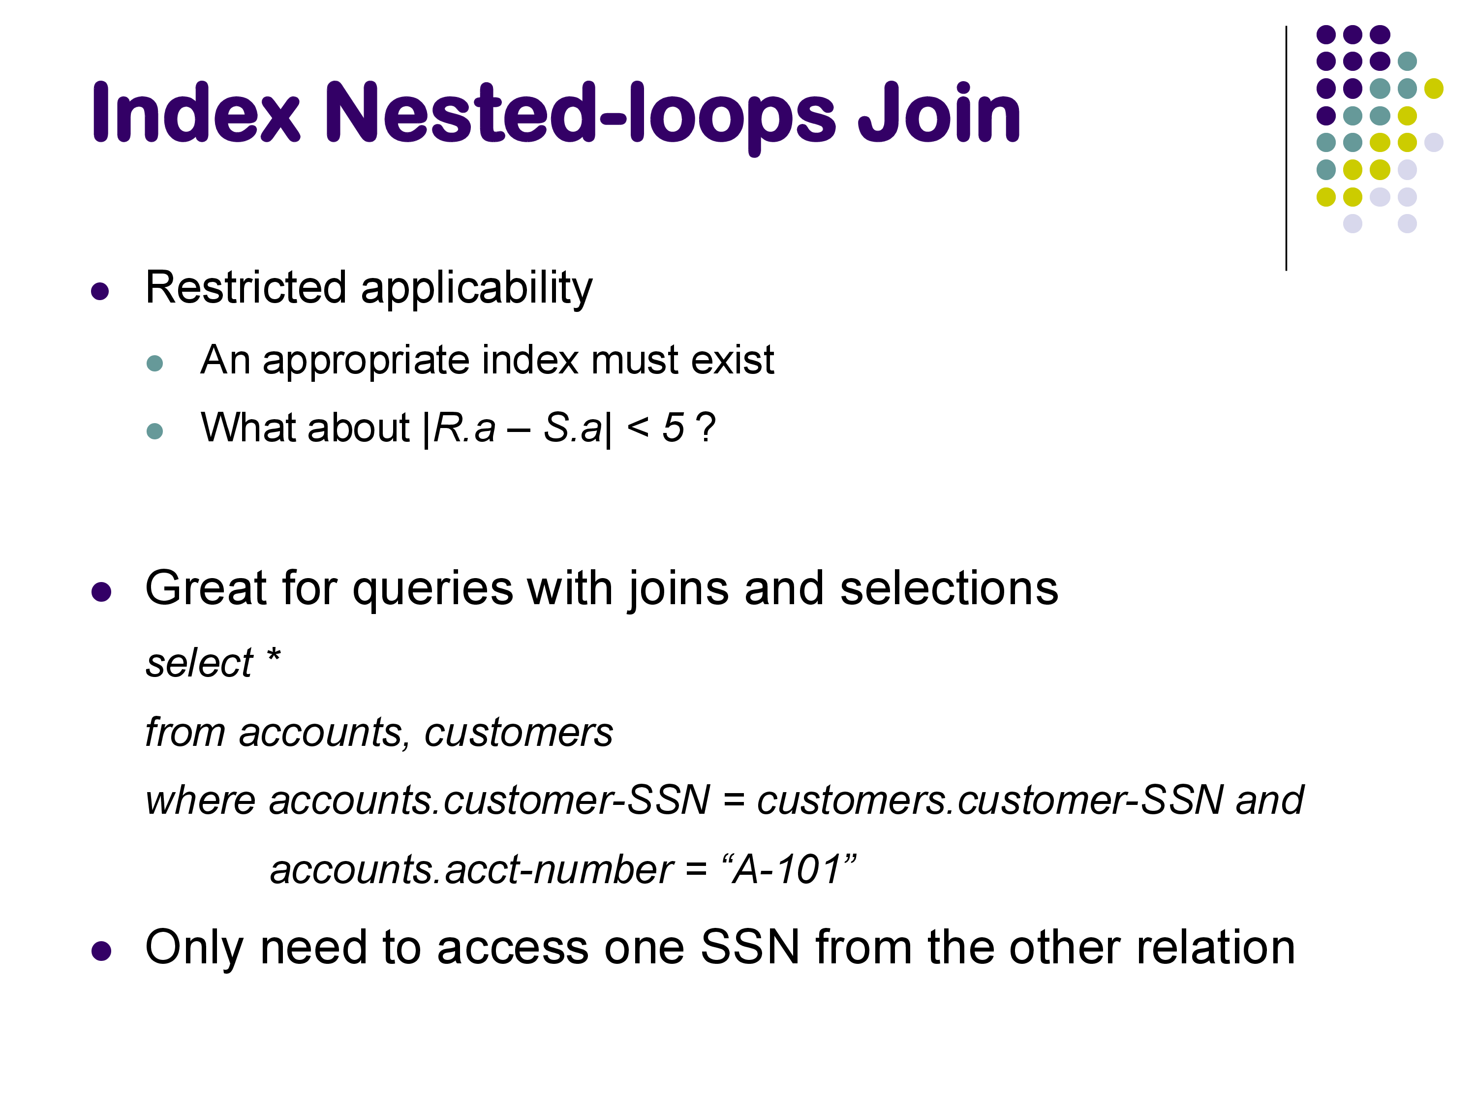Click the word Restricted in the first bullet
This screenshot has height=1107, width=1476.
pyautogui.click(x=246, y=288)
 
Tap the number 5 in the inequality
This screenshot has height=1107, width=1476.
pyautogui.click(x=673, y=428)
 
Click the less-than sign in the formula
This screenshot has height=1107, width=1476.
pyautogui.click(x=638, y=429)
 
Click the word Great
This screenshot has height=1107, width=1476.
pyautogui.click(x=206, y=588)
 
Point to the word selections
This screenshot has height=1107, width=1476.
pyautogui.click(x=949, y=588)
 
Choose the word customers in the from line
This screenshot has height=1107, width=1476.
pyautogui.click(x=519, y=733)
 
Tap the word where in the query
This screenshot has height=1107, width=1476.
pyautogui.click(x=201, y=800)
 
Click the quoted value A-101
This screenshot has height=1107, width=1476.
pyautogui.click(x=789, y=869)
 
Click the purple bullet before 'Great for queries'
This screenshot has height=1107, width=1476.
pyautogui.click(x=101, y=592)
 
